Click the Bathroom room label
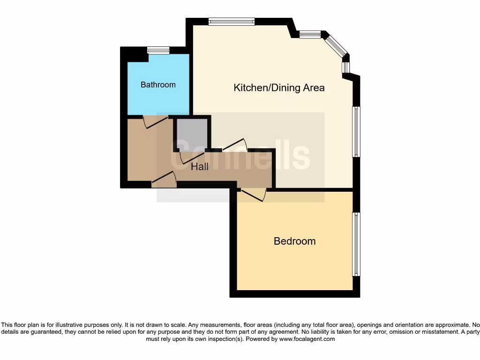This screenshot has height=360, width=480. pos(158,85)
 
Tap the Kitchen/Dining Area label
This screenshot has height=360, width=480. pos(279,88)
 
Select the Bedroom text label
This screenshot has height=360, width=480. pos(294,241)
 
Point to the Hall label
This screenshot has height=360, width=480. pos(200,166)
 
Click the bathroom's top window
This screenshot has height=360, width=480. pos(158,50)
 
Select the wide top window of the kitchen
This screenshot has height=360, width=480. pos(232,21)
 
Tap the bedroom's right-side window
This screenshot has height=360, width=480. pos(356,244)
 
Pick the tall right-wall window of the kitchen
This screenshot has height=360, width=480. pos(356,132)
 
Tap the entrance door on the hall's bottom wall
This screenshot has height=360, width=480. pos(164,180)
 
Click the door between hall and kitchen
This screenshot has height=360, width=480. pos(234,145)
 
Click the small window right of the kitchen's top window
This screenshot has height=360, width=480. pos(310,34)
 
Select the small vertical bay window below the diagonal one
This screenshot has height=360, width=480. pos(345,68)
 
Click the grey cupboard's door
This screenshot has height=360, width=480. pos(187,157)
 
